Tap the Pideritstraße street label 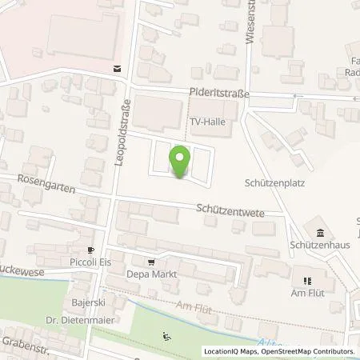pyautogui.click(x=220, y=94)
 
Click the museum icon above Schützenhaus pyautogui.click(x=320, y=233)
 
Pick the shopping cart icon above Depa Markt pyautogui.click(x=150, y=262)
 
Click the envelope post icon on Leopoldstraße pyautogui.click(x=118, y=69)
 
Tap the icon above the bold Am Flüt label pyautogui.click(x=308, y=281)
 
